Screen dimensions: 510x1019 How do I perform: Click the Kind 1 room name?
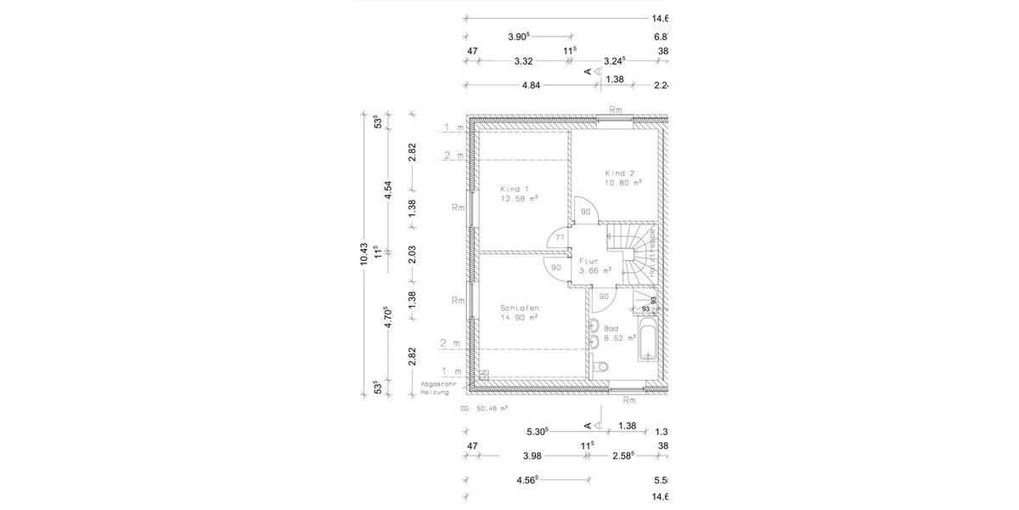pyautogui.click(x=515, y=188)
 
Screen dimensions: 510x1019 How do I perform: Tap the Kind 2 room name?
pyautogui.click(x=619, y=173)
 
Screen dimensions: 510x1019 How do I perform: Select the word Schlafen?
pyautogui.click(x=520, y=308)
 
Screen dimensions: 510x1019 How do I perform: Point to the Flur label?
pyautogui.click(x=589, y=262)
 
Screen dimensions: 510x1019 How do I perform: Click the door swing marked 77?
pyautogui.click(x=560, y=240)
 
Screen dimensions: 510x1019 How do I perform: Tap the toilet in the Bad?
pyautogui.click(x=602, y=366)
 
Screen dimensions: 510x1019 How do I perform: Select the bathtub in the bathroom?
pyautogui.click(x=646, y=341)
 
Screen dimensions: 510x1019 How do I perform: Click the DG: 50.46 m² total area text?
pyautogui.click(x=484, y=408)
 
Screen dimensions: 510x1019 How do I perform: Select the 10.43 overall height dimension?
pyautogui.click(x=363, y=253)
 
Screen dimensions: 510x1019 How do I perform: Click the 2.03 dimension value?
pyautogui.click(x=412, y=253)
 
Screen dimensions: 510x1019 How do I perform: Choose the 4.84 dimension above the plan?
pyautogui.click(x=531, y=85)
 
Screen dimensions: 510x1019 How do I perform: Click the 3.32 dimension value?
pyautogui.click(x=523, y=61)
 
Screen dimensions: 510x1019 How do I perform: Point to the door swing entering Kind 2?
pyautogui.click(x=587, y=212)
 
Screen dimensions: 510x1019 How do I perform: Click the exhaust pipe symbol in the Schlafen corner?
pyautogui.click(x=483, y=374)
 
